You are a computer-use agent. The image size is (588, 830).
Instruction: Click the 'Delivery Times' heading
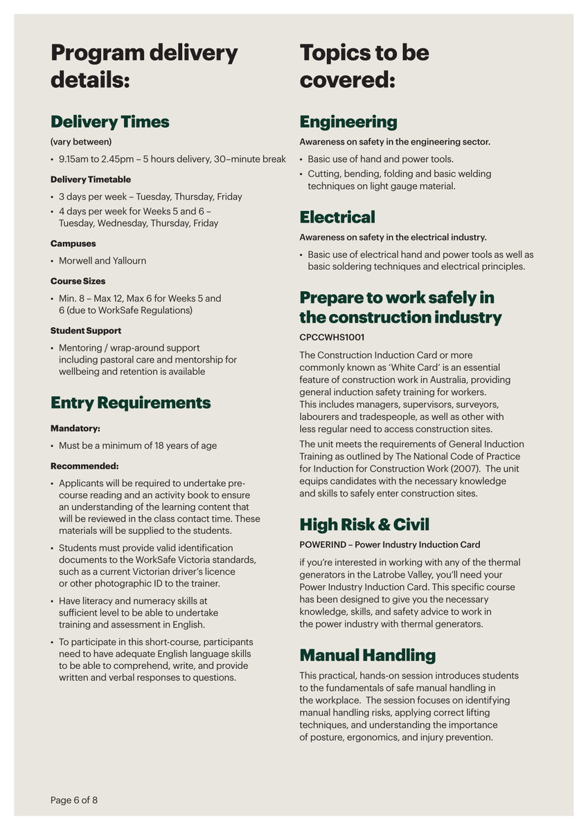109,122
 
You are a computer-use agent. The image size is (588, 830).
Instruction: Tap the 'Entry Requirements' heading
130,403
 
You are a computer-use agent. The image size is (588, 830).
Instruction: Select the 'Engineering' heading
348,122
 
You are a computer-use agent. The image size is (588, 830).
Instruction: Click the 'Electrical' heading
337,218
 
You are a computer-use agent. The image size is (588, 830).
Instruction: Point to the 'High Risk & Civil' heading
364,524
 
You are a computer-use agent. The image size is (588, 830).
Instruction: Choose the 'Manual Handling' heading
367,655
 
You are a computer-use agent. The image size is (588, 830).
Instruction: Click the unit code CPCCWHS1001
332,338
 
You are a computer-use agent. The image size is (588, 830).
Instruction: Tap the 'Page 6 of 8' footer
74,800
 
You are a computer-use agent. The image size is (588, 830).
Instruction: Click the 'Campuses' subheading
73,243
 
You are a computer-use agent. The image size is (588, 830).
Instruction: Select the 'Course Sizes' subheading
78,282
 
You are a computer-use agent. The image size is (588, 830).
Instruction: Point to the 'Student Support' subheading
85,331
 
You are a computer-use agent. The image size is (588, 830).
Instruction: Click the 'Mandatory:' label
75,429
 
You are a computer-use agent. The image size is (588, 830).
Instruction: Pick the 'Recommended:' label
84,466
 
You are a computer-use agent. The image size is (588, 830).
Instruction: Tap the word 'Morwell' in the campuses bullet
75,261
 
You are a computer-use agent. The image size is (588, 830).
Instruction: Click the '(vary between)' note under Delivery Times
80,142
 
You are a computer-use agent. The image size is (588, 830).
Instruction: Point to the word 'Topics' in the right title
337,53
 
